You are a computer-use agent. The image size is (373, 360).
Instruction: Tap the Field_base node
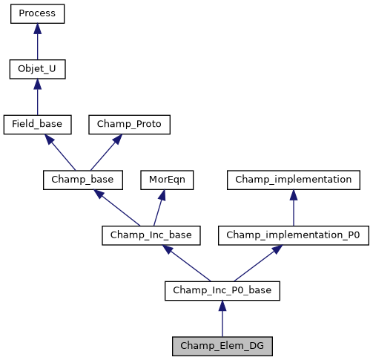(x=37, y=125)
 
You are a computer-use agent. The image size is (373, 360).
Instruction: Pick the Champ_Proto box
(x=129, y=125)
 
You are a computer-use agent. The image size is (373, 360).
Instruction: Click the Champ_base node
(x=77, y=180)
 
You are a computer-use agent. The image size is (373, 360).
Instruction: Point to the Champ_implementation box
(x=294, y=180)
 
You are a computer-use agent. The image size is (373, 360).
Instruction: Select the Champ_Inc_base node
(x=147, y=235)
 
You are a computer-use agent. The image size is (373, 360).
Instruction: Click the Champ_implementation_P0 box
(x=294, y=235)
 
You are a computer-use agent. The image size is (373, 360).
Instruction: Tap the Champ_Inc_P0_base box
(x=222, y=290)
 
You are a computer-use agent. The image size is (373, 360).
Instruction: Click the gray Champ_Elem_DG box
(x=222, y=345)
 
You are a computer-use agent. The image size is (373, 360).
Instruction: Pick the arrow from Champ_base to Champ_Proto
(x=103, y=152)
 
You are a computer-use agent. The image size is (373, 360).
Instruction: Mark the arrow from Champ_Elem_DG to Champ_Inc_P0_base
(x=222, y=318)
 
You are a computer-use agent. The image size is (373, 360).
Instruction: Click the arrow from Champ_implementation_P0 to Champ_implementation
(x=294, y=208)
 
